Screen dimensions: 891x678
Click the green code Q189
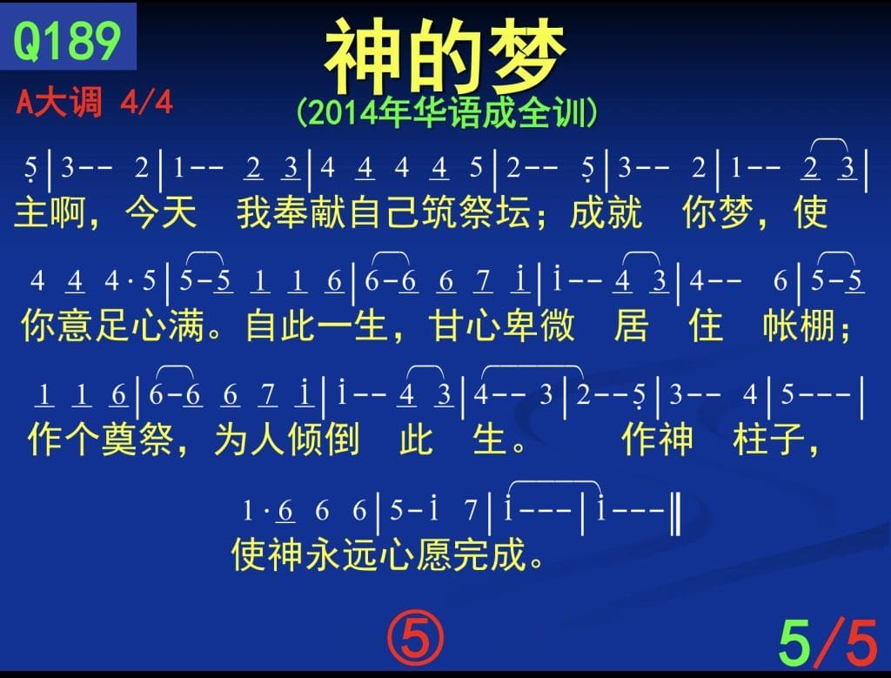pos(67,40)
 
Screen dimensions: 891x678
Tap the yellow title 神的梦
pos(445,56)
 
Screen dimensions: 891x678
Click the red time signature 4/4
pos(146,103)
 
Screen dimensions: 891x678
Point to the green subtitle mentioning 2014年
pos(446,112)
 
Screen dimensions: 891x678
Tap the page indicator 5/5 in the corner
pos(828,643)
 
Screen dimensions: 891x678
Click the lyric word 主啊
pos(50,212)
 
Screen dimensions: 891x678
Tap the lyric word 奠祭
pos(137,440)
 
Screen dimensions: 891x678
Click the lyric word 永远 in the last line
pos(341,554)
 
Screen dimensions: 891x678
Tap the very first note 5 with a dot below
pos(30,170)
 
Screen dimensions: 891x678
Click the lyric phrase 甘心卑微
pos(501,326)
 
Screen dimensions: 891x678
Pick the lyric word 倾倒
pos(323,440)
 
